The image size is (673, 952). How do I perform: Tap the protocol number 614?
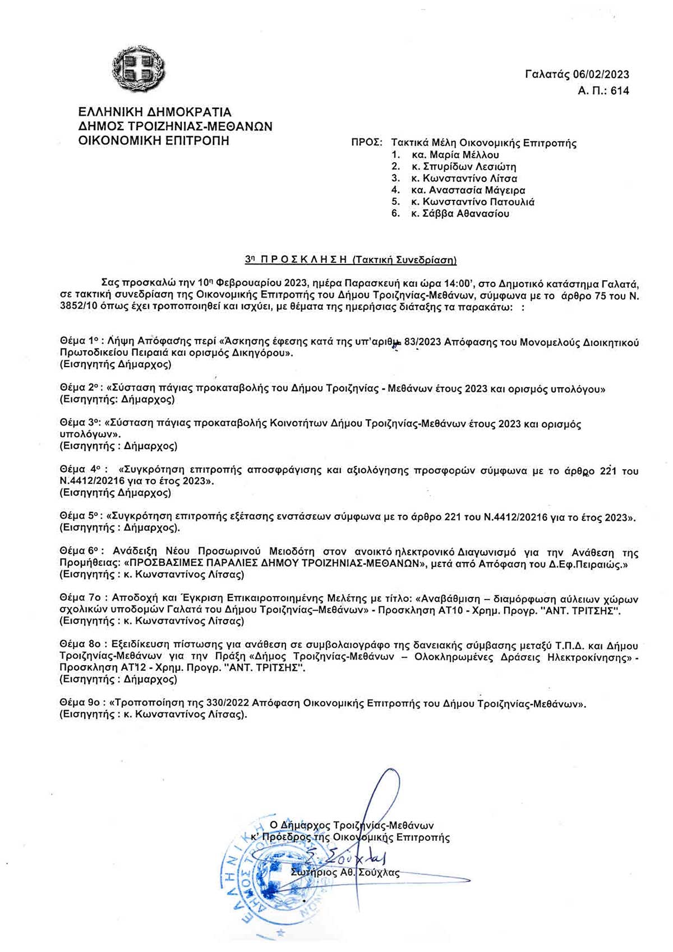click(x=620, y=91)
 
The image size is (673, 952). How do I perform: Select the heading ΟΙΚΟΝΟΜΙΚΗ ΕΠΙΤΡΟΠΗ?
click(x=154, y=140)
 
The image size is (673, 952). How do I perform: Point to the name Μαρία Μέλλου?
click(x=463, y=155)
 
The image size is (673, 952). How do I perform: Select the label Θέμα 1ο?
click(x=80, y=341)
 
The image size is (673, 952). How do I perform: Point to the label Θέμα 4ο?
click(x=80, y=470)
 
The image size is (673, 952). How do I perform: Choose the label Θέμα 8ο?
click(x=80, y=646)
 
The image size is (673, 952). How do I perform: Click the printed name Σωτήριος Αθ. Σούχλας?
click(x=345, y=873)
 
